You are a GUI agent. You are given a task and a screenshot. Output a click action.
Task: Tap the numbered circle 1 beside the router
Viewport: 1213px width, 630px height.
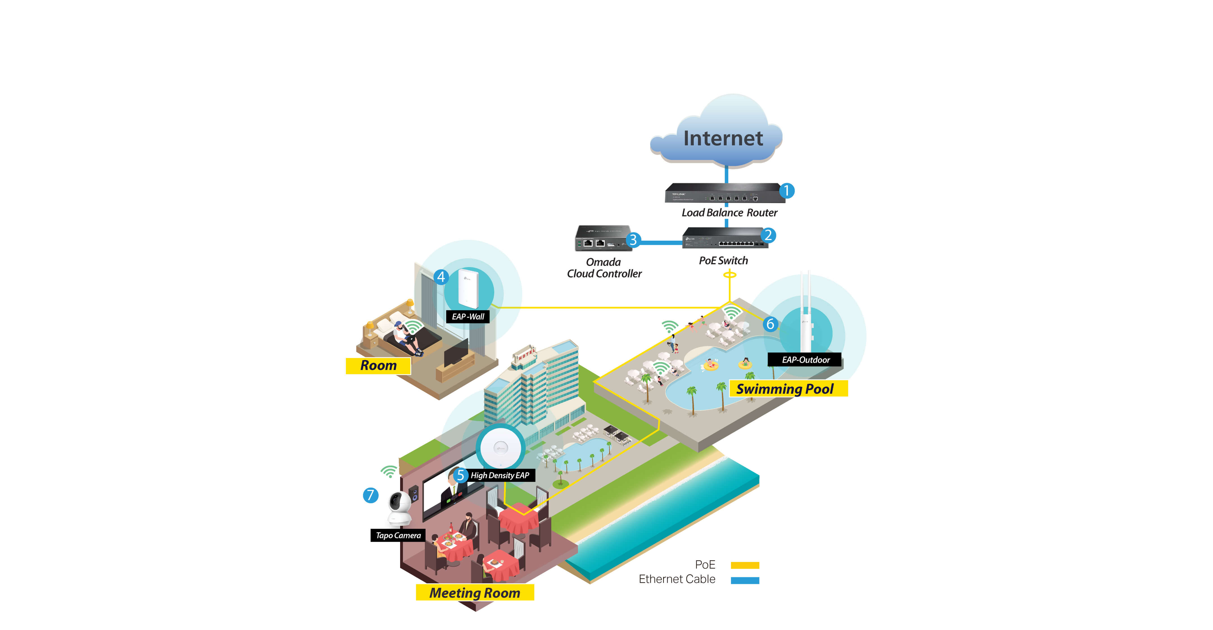coord(786,191)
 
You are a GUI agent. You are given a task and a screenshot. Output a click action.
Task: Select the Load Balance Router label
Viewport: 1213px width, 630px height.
coord(729,213)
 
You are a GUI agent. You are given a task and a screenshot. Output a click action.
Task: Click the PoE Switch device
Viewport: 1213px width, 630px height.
coord(725,238)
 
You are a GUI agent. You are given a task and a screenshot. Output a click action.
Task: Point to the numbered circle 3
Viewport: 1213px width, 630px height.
coord(633,240)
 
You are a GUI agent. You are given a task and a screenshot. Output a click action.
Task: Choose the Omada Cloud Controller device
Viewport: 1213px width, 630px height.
coord(603,238)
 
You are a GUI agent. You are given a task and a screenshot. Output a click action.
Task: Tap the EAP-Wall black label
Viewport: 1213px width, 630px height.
coord(468,317)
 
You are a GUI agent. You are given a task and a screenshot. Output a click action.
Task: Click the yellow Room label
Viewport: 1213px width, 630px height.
coord(378,366)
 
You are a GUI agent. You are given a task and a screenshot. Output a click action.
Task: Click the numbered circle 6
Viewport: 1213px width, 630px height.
coord(770,324)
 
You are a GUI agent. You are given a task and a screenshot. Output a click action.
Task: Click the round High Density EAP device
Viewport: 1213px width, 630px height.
coord(500,447)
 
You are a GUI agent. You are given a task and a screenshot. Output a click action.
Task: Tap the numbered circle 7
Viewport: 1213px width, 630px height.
coord(371,495)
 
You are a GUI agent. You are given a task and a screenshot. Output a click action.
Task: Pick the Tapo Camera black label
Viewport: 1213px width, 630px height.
coord(398,535)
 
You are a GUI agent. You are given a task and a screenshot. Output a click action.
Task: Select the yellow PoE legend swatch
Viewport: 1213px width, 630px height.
coord(745,565)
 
